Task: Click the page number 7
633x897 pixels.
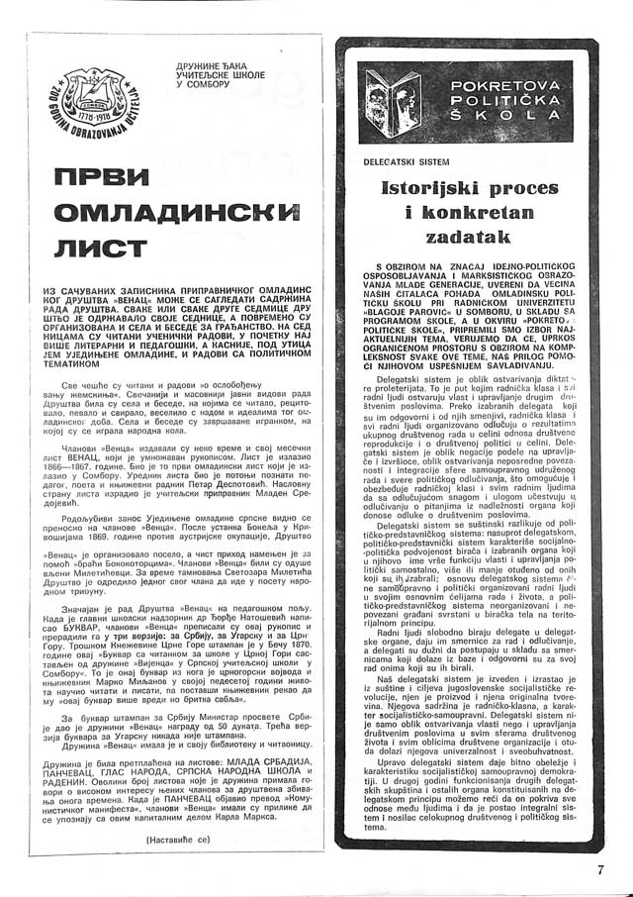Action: pyautogui.click(x=600, y=870)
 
